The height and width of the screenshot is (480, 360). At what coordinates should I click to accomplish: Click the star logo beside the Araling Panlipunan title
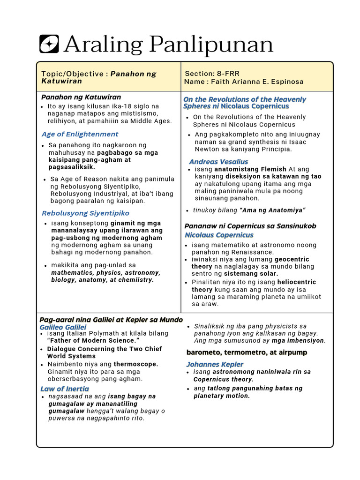pyautogui.click(x=49, y=44)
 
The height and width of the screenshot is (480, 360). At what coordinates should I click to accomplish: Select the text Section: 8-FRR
pyautogui.click(x=212, y=74)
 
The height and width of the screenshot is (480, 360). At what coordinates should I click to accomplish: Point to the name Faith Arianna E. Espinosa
pyautogui.click(x=257, y=82)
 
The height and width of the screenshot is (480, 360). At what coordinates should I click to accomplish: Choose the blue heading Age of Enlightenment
pyautogui.click(x=80, y=134)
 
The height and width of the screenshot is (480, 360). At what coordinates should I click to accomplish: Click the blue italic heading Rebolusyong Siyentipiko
pyautogui.click(x=85, y=213)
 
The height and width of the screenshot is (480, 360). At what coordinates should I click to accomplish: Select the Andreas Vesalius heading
pyautogui.click(x=218, y=162)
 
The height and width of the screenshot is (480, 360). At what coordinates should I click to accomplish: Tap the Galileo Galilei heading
pyautogui.click(x=63, y=327)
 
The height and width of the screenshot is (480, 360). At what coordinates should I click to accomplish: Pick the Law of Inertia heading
pyautogui.click(x=64, y=389)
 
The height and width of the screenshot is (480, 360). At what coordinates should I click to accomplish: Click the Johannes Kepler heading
pyautogui.click(x=215, y=364)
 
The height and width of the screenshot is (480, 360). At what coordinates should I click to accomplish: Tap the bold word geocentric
pyautogui.click(x=292, y=259)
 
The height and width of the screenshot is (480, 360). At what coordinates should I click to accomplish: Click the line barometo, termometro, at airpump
pyautogui.click(x=247, y=352)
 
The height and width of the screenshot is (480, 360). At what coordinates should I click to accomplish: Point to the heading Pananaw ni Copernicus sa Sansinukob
pyautogui.click(x=250, y=226)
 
